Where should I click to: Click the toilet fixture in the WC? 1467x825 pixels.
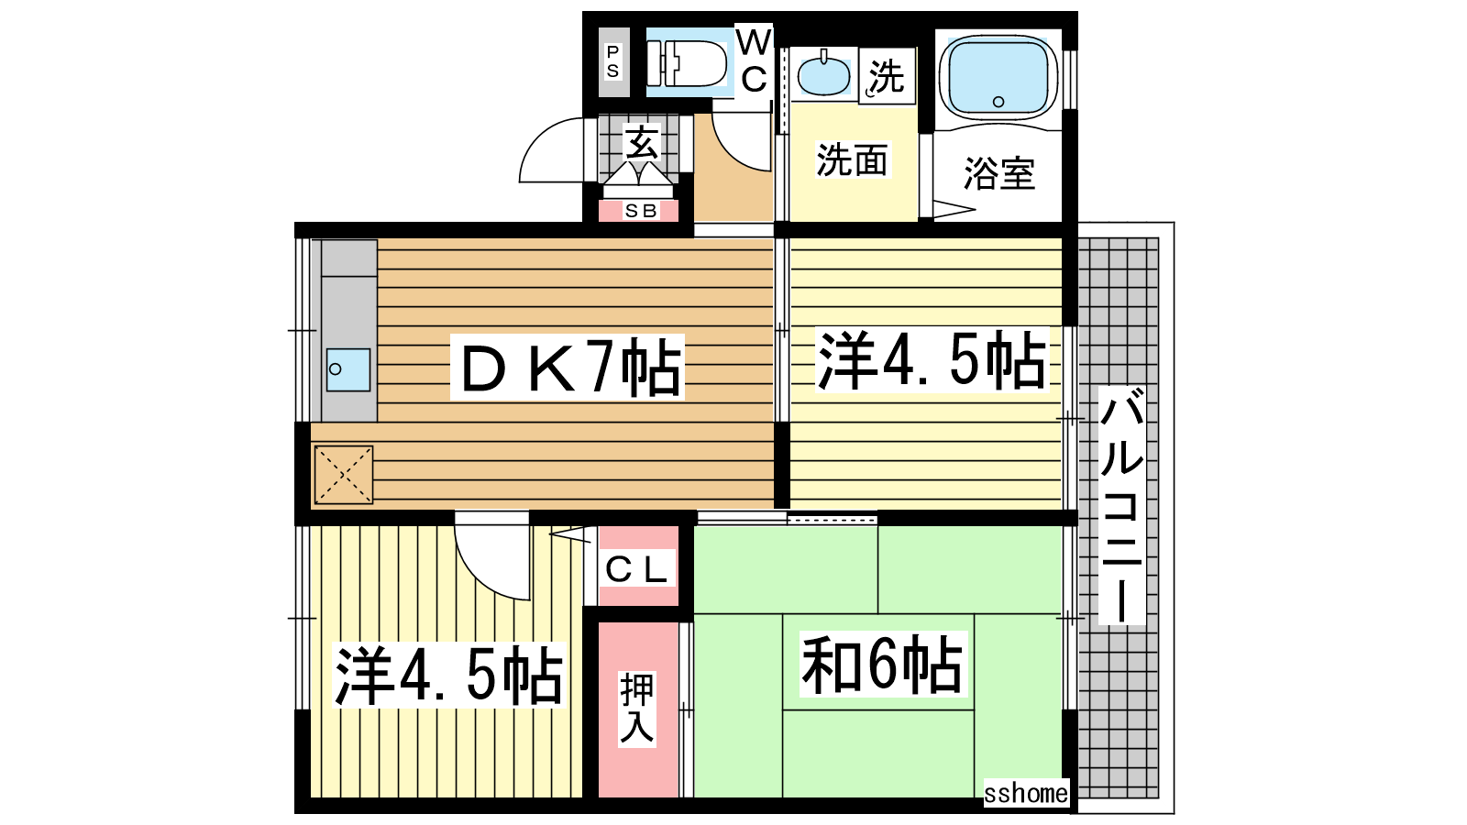click(x=687, y=63)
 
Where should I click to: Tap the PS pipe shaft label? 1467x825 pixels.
click(x=613, y=61)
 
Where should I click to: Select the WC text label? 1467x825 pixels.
click(x=754, y=61)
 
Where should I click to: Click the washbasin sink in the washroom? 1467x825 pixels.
click(x=823, y=74)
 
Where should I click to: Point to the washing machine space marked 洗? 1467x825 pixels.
click(x=887, y=76)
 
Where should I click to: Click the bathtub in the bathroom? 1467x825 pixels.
click(x=998, y=77)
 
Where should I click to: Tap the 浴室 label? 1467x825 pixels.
click(x=998, y=173)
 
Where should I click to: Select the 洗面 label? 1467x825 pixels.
click(x=852, y=159)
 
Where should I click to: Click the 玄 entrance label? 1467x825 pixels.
click(x=641, y=142)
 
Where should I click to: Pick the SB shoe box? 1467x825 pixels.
click(x=639, y=211)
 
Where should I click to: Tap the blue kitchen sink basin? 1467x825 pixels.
click(x=348, y=370)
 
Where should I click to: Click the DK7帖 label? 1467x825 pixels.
click(x=568, y=367)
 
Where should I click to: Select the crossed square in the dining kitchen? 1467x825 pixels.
click(x=344, y=475)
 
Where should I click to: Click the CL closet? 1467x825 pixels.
click(x=638, y=566)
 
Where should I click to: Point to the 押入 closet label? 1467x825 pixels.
click(x=636, y=709)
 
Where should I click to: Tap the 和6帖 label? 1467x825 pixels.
click(x=883, y=665)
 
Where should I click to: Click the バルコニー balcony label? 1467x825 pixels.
click(x=1122, y=505)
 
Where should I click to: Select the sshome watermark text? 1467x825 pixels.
click(x=1026, y=793)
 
